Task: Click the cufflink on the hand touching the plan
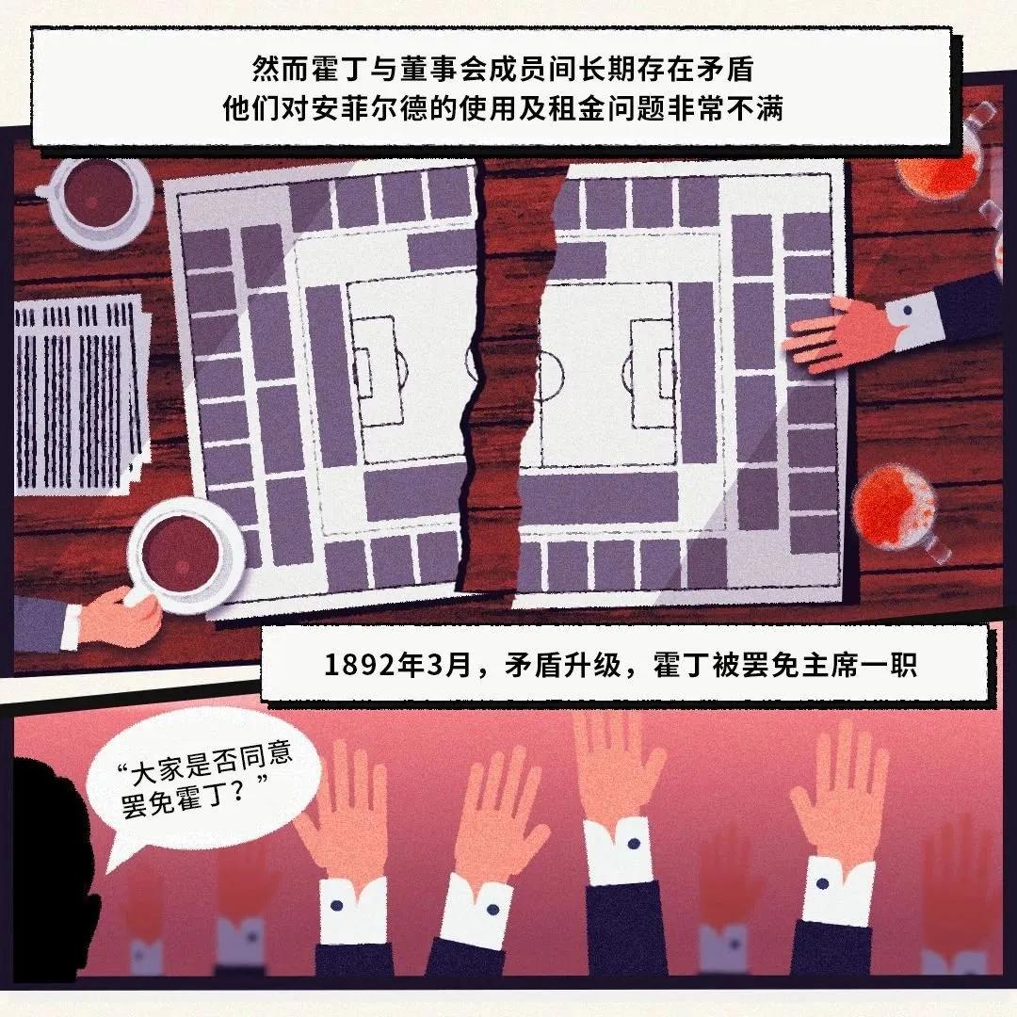[x=910, y=308]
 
